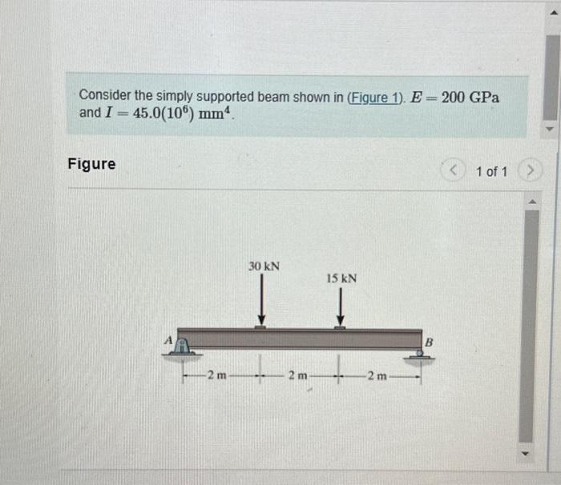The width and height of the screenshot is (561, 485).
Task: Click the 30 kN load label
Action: [264, 266]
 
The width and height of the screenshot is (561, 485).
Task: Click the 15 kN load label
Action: [341, 279]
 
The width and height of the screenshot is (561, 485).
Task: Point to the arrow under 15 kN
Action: [340, 308]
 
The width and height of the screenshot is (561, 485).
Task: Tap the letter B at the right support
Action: [428, 342]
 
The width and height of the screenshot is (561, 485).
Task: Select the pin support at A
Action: [184, 347]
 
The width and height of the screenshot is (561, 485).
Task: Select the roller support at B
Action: [420, 352]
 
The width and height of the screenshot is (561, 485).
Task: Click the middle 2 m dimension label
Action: [297, 375]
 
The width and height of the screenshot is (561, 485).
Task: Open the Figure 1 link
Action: [375, 98]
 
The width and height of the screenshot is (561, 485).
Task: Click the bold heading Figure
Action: [91, 164]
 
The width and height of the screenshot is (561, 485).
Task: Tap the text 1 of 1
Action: [490, 171]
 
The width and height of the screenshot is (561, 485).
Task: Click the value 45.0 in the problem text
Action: [148, 114]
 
